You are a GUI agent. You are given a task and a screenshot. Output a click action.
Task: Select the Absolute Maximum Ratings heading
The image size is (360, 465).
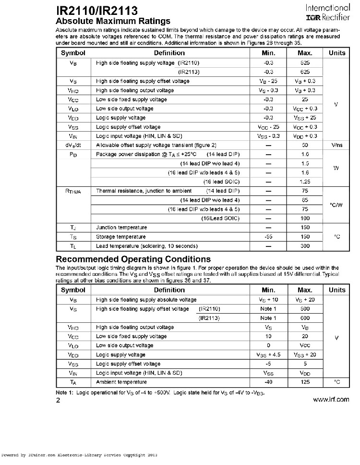pos(113,21)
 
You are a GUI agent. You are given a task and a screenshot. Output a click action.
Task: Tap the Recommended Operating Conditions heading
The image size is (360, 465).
pos(133,259)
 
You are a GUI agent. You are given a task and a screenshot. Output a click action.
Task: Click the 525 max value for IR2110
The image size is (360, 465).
pos(305,63)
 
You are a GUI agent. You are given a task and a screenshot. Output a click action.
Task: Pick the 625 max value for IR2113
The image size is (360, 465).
pos(305,72)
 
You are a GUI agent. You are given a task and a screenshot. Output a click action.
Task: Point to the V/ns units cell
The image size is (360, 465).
pos(336,145)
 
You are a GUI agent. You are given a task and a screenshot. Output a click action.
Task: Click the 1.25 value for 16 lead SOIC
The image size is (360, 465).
pos(305,182)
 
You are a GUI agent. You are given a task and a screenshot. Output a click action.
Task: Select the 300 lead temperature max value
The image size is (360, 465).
pos(305,246)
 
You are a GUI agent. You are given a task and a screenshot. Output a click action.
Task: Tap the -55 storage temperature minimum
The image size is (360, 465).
pos(268,237)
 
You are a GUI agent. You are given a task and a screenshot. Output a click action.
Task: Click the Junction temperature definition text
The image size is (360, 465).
pos(121,228)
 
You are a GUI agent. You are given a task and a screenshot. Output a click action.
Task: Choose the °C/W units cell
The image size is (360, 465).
pos(336,205)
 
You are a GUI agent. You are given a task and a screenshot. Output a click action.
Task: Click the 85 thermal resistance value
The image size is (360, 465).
pos(305,200)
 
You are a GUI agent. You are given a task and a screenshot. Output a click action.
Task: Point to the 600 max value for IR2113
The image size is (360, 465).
pos(305,318)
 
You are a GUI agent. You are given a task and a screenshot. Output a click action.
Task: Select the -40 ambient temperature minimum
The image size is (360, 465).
pos(268,382)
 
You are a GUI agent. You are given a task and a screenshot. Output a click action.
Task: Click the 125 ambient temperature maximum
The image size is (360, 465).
pos(305,382)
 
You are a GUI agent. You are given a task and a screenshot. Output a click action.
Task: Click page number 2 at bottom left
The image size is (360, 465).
pos(59,400)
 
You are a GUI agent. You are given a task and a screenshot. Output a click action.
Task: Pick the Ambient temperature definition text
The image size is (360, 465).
pos(121,382)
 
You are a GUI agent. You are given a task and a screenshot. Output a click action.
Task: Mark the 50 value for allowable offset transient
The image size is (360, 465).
pos(305,145)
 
